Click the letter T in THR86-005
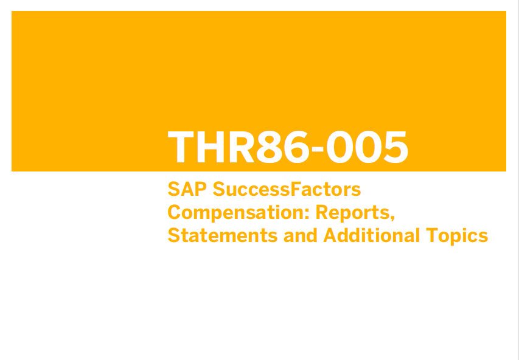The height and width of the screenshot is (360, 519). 181,147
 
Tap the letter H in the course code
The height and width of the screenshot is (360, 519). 211,147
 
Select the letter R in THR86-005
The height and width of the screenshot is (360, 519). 242,147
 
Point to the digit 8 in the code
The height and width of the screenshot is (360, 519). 270,147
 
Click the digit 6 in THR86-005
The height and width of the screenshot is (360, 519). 297,147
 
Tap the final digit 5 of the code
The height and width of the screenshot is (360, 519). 396,147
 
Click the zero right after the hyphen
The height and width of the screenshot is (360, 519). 340,147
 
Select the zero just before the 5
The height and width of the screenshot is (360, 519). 368,147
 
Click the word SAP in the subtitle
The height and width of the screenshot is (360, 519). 187,189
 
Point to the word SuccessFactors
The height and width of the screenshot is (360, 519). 287,189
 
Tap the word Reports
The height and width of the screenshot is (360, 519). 353,213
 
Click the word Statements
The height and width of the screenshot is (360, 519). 223,235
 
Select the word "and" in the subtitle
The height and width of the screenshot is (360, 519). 300,235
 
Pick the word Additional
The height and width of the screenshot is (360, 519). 371,235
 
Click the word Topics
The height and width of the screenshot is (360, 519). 457,236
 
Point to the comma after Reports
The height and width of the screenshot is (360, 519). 392,218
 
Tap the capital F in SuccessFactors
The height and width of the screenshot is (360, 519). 295,189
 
